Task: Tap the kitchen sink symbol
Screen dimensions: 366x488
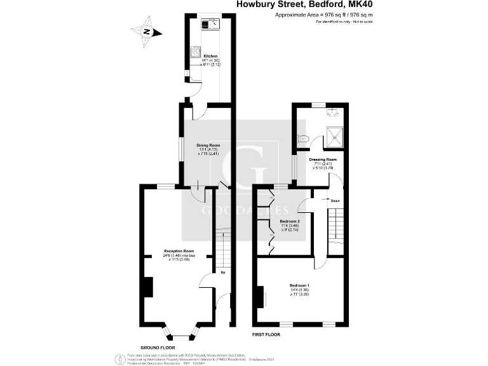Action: pos(209,25)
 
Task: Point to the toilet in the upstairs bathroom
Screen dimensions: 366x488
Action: pos(303,139)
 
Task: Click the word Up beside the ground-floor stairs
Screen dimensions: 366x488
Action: pos(223,273)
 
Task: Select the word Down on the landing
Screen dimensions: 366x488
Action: pos(335,201)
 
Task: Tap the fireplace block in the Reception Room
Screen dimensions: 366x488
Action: pos(147,287)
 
